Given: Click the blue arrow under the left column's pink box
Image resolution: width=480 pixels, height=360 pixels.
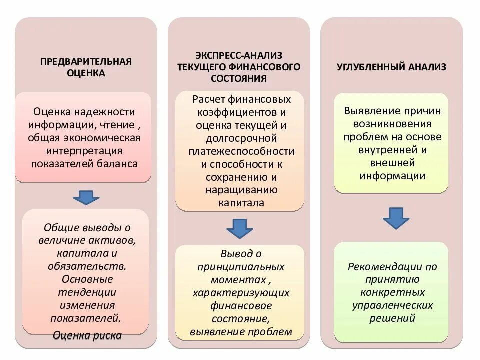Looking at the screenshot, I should (x=86, y=197).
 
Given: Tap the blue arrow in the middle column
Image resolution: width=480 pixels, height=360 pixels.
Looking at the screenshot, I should (x=240, y=229).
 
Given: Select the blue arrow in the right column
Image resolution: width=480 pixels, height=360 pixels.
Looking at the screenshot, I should (x=396, y=218).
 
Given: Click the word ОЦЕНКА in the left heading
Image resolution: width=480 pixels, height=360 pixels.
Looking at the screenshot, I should (x=86, y=73).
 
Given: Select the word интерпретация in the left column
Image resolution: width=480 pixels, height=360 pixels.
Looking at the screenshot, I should (x=83, y=151).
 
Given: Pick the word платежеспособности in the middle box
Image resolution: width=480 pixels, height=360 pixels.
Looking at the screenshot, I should (x=241, y=151).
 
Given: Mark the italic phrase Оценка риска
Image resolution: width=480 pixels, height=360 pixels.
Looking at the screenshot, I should (x=87, y=335).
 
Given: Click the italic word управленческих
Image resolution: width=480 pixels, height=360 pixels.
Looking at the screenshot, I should (x=392, y=305).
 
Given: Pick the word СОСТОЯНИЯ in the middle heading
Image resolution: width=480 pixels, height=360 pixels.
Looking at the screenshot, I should (x=239, y=79).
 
